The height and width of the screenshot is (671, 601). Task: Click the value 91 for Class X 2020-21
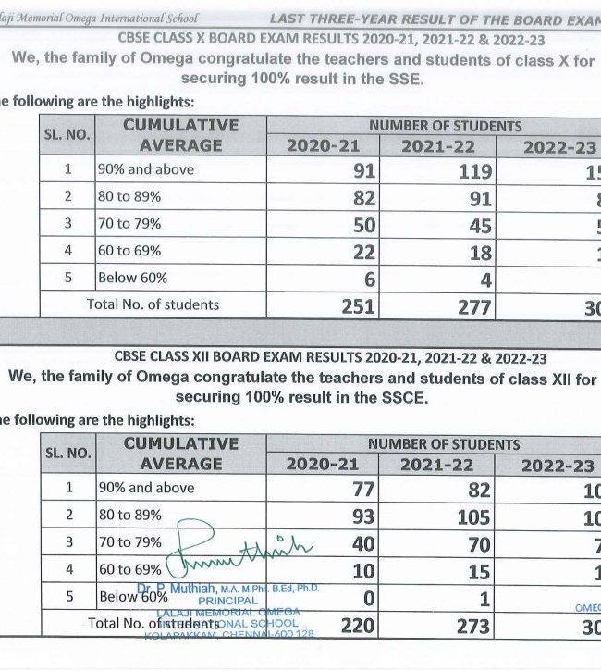click(363, 170)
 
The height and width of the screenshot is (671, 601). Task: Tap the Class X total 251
click(358, 306)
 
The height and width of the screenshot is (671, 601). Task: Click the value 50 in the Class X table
click(363, 225)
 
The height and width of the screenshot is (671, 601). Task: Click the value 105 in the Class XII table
click(473, 517)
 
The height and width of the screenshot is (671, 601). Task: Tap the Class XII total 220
click(358, 626)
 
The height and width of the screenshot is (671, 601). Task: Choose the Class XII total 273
click(473, 626)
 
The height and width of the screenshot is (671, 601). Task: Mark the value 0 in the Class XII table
click(369, 599)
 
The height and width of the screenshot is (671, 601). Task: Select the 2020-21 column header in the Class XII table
click(324, 464)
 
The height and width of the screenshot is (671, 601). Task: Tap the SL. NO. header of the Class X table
click(67, 135)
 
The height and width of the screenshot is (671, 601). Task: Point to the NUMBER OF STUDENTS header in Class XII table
click(444, 444)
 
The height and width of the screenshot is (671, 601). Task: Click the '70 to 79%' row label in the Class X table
click(129, 224)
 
